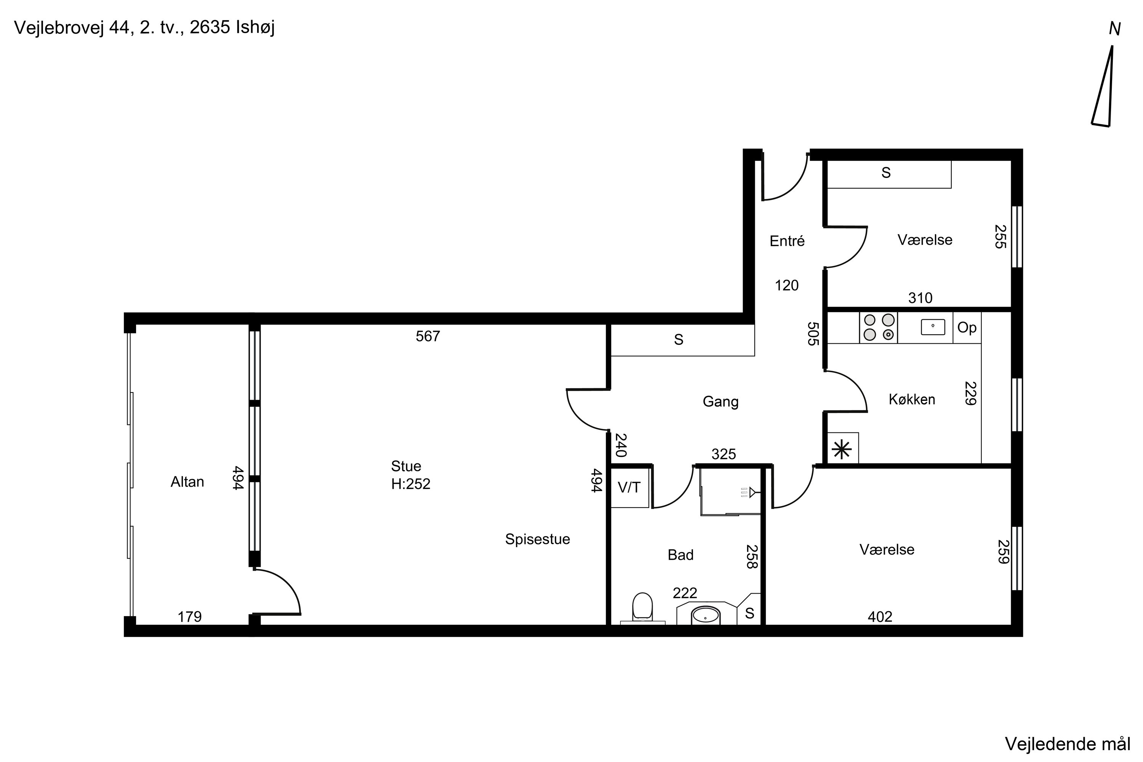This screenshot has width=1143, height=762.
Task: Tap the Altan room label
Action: coord(187,482)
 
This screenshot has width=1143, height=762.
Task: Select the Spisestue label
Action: coord(538,539)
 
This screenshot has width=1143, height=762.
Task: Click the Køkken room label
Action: coord(912,399)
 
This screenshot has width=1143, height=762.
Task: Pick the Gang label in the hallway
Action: coord(720,402)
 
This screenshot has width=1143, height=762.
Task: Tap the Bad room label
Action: coord(680,555)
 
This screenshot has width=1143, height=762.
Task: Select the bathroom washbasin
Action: coord(706,615)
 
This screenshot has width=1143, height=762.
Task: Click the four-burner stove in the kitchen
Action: coord(879,328)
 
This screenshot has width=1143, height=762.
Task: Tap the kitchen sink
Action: coord(933,327)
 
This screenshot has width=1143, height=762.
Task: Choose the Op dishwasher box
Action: coord(967,328)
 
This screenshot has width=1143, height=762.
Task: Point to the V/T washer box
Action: coord(629,487)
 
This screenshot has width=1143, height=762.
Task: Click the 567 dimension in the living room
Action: coord(427,336)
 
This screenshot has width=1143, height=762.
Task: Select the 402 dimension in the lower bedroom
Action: coord(880,617)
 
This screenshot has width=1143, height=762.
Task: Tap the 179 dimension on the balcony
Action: coord(189,617)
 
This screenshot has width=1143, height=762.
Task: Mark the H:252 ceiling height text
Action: coord(411,484)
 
